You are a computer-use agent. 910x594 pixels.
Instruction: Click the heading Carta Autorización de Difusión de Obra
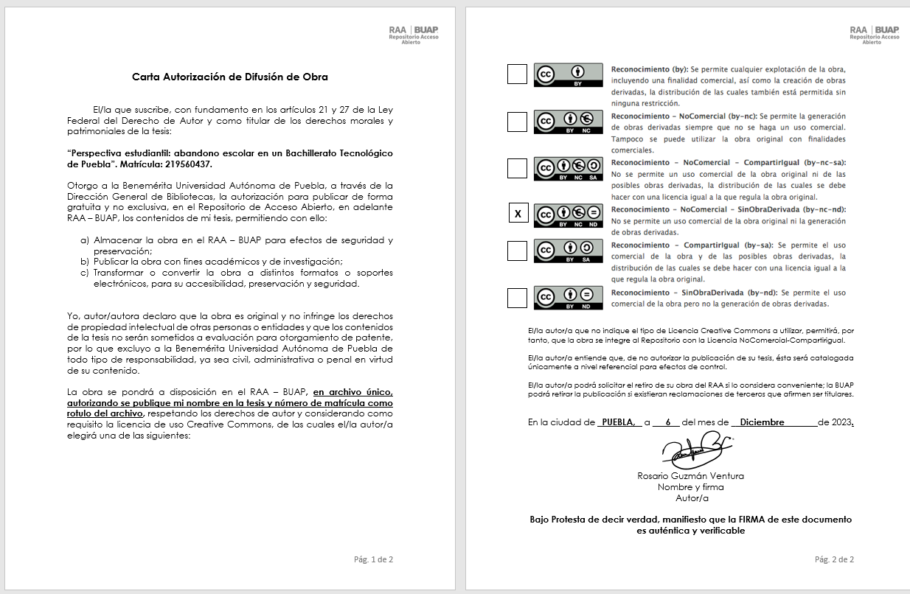229,77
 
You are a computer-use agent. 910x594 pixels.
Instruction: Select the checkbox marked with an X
518,214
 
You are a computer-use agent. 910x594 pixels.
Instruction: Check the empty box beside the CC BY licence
518,74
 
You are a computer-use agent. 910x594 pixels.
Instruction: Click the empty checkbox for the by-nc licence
518,122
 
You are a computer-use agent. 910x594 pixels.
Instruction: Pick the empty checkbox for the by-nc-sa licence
518,168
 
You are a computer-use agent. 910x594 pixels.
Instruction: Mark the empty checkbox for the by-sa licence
518,251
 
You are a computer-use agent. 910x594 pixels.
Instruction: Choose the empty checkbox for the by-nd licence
518,298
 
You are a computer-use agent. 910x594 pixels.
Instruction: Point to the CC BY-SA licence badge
568,251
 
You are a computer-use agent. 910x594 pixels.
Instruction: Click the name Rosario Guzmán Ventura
690,476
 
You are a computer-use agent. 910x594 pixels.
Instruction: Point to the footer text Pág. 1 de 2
374,559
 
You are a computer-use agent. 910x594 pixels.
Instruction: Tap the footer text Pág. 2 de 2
834,559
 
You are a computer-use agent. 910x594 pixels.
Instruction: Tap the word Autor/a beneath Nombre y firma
691,497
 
